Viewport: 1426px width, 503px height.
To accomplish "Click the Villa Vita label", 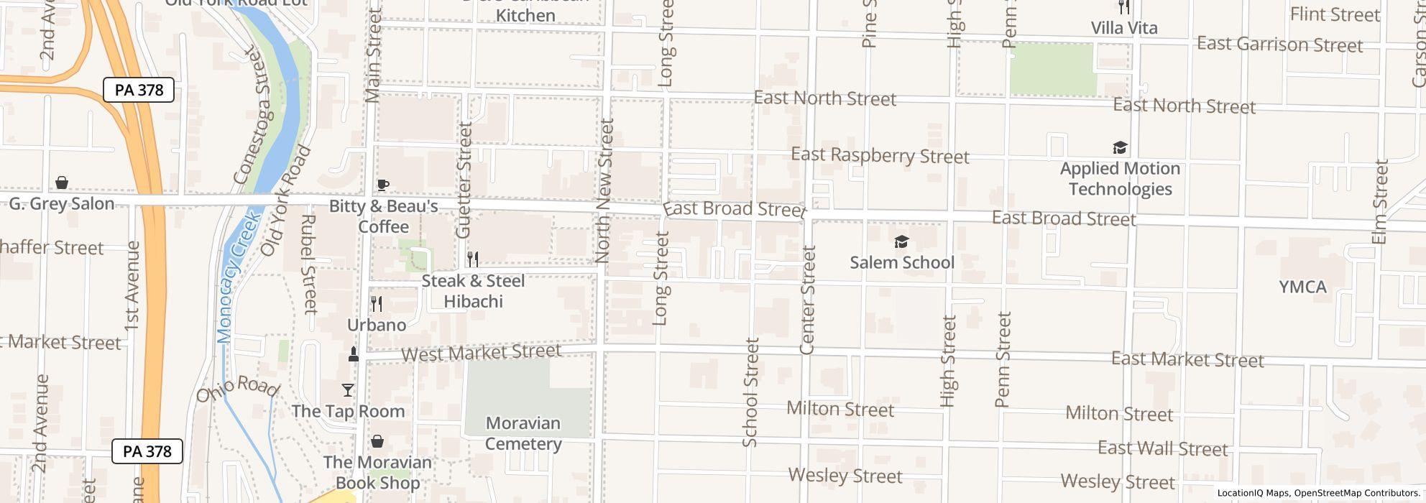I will click(1124, 28).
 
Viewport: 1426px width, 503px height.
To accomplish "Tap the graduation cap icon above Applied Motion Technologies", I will click(1120, 148).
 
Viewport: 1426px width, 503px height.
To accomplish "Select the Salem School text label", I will click(902, 262).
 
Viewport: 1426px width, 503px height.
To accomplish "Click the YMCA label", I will click(1302, 287).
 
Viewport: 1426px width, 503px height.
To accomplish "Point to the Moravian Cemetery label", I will click(523, 433).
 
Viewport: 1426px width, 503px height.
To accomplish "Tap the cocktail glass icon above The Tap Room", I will click(348, 390).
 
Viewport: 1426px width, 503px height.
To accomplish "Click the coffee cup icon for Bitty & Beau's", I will click(383, 185).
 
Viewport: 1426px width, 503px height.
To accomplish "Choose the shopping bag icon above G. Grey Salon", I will click(62, 183).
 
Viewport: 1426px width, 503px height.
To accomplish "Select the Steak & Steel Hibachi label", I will click(473, 291).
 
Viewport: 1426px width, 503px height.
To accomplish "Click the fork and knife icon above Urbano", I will click(377, 303).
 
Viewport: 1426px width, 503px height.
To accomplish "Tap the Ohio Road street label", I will click(237, 389).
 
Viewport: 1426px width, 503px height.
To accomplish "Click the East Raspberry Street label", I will click(880, 155).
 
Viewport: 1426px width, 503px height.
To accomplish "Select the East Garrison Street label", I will click(1279, 45).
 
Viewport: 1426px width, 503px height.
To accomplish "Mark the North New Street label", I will click(604, 191).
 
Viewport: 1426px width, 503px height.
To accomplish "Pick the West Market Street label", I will click(481, 353).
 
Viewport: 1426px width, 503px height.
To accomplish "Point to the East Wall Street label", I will click(1162, 448).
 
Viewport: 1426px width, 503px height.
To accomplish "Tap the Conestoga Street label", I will click(256, 115).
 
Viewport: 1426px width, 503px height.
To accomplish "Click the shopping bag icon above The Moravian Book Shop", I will click(377, 441).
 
